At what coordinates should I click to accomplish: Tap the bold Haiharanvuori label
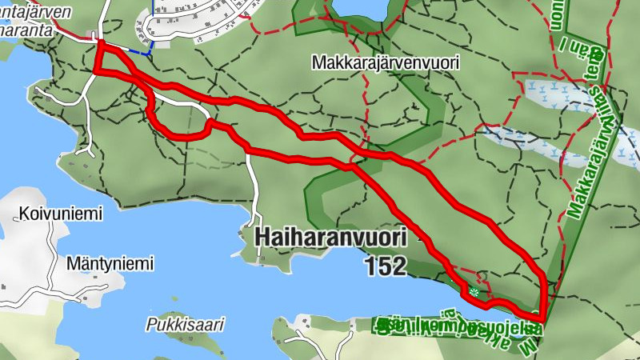pos(330,238)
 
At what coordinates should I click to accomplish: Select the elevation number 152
pos(386,266)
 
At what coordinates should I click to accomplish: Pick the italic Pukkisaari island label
pos(186,325)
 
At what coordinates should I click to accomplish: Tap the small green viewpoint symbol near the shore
pos(474,293)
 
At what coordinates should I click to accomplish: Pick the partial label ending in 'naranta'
pos(27,30)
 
